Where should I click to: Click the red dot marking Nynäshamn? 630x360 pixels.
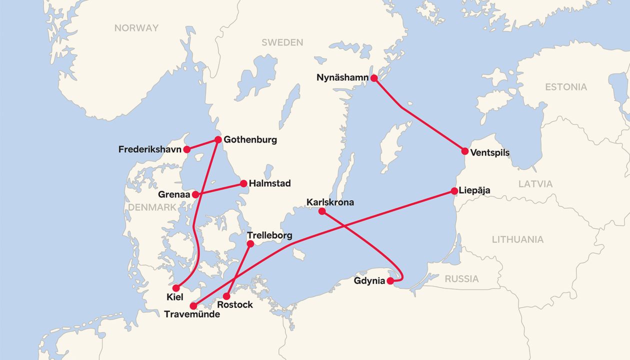coord(373,78)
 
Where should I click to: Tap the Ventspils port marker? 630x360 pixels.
coord(465,151)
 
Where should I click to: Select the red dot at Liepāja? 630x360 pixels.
coord(454,190)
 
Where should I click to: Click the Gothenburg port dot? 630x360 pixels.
coord(218,139)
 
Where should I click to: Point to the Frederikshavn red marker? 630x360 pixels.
coord(186,149)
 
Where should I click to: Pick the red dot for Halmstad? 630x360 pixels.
coord(243,183)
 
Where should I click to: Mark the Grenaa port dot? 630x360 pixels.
coord(195,194)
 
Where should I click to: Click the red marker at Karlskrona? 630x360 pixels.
coord(322,211)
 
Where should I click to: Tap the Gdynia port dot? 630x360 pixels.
coord(390,280)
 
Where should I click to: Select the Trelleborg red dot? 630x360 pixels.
coord(251,243)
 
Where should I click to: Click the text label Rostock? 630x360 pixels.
coord(235,304)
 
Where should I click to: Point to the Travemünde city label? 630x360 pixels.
coord(191,314)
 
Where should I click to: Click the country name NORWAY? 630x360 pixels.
coord(136,28)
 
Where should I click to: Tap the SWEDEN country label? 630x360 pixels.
coord(282,42)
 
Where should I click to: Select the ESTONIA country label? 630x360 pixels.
coord(566,87)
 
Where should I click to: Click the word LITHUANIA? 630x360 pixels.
coord(517,239)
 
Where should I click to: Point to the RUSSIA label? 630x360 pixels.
coord(461,278)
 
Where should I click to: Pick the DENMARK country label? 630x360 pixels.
coord(152,207)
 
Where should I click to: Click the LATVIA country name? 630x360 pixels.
coord(535,184)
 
